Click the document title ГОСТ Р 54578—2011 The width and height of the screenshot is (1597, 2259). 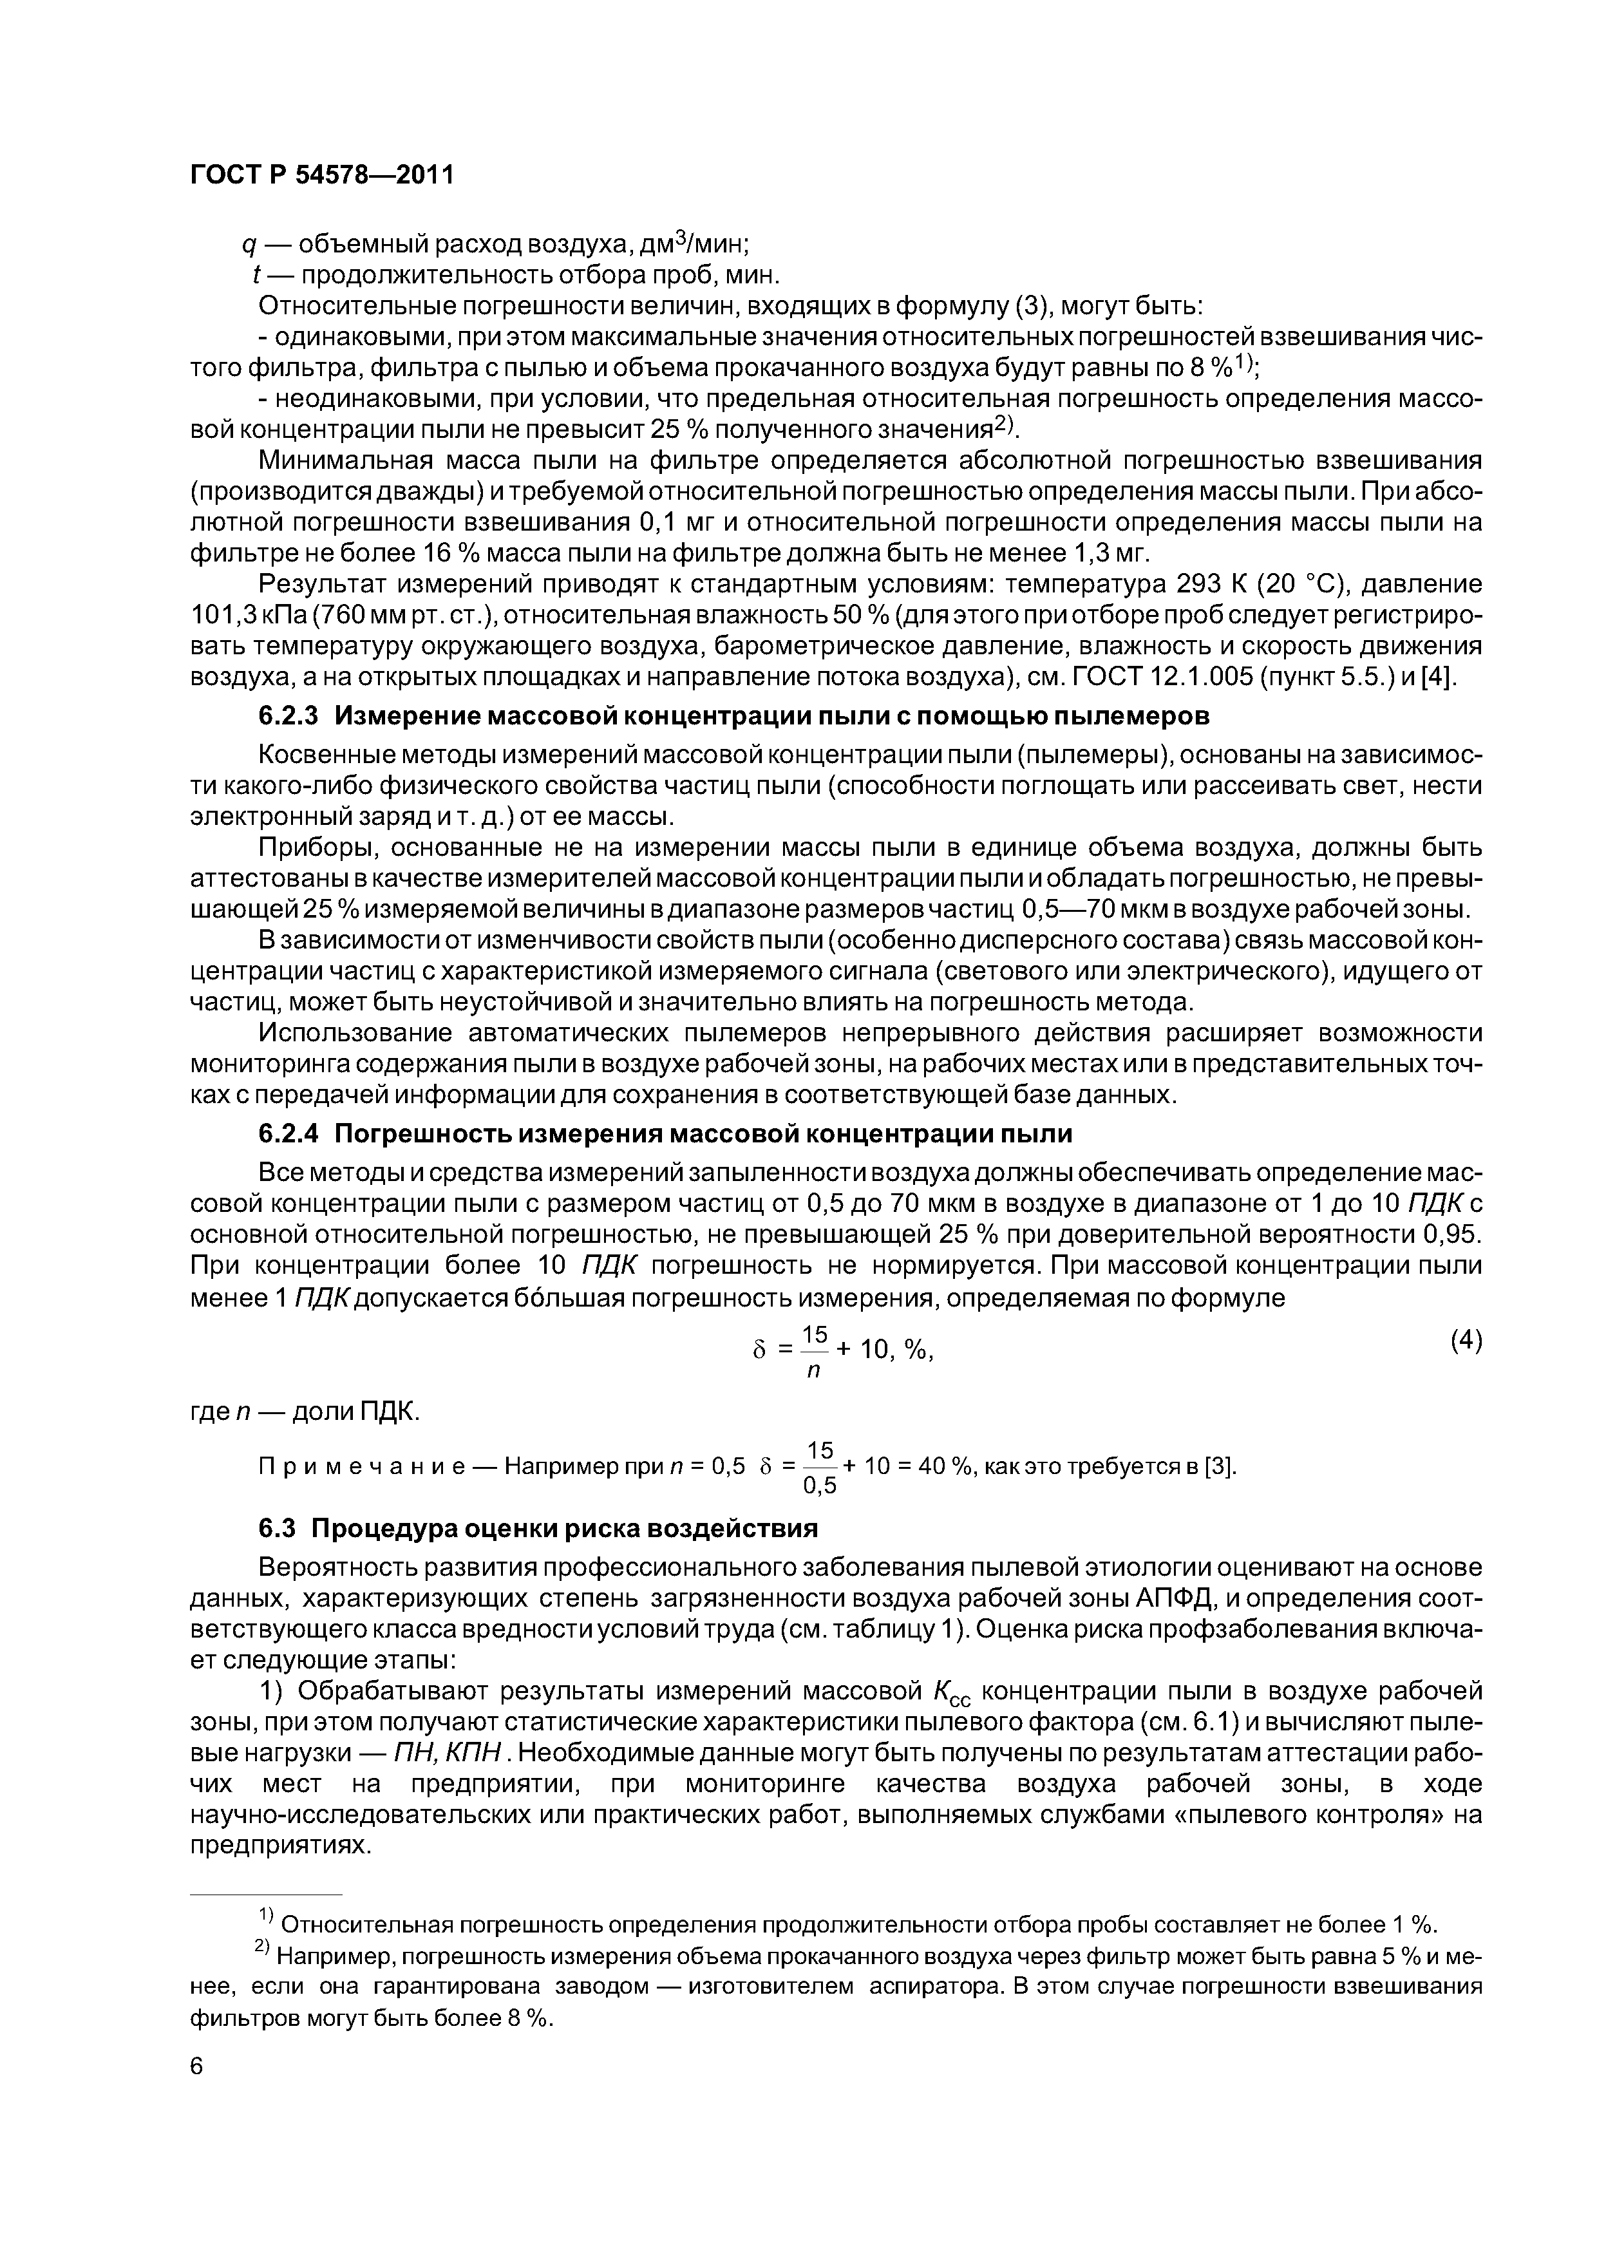(x=322, y=175)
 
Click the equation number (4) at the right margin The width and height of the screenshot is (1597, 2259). (x=1465, y=1340)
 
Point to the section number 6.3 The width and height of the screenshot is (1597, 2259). (x=278, y=1528)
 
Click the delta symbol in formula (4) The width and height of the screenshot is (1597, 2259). (x=758, y=1351)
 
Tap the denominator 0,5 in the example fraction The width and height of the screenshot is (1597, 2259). (x=820, y=1486)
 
